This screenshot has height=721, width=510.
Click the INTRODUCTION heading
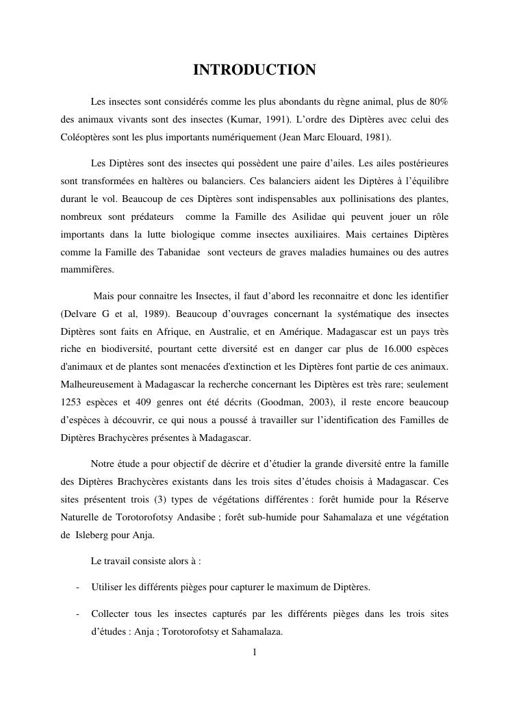(x=254, y=71)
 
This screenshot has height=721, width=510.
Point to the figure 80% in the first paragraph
(x=437, y=102)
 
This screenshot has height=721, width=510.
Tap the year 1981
(x=378, y=136)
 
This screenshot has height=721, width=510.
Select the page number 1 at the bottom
(x=255, y=652)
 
